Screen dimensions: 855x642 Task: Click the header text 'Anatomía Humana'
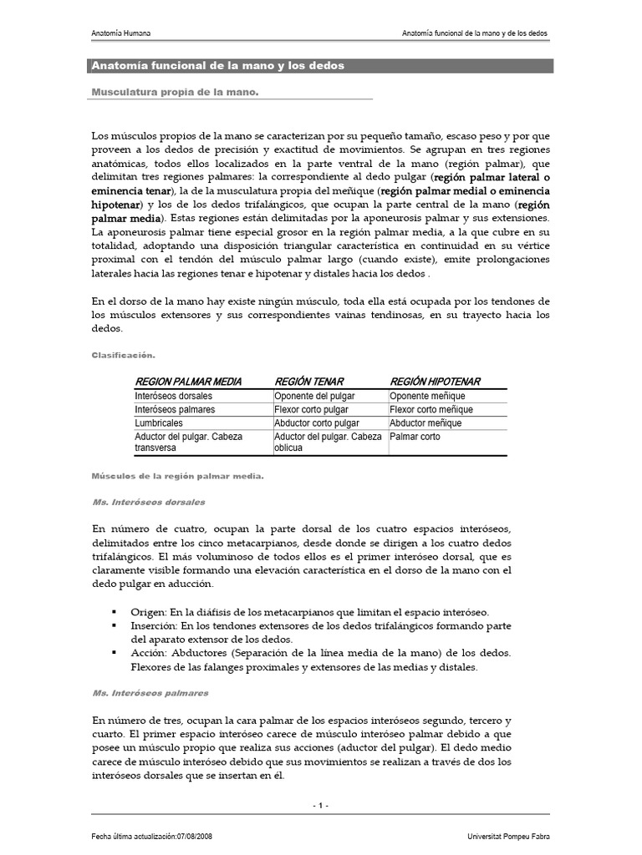[120, 33]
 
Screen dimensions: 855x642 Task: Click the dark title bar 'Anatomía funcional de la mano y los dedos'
[321, 65]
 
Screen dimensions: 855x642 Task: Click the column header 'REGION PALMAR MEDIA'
[188, 382]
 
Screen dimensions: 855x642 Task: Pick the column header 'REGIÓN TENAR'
[309, 382]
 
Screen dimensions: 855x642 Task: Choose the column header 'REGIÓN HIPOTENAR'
[435, 382]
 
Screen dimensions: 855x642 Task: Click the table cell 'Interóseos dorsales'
[174, 396]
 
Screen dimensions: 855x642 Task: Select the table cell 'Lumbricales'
[159, 423]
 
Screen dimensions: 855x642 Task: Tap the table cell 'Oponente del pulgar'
[314, 396]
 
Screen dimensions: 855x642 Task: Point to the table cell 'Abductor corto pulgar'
[317, 423]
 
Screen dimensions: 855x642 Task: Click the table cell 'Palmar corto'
[415, 437]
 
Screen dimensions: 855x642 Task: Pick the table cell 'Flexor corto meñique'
[431, 410]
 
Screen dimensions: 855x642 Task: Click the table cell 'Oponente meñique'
[427, 396]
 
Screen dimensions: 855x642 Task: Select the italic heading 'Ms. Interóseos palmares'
[150, 693]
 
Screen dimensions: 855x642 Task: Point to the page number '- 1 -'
[321, 805]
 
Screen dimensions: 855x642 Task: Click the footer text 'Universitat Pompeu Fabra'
[510, 837]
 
